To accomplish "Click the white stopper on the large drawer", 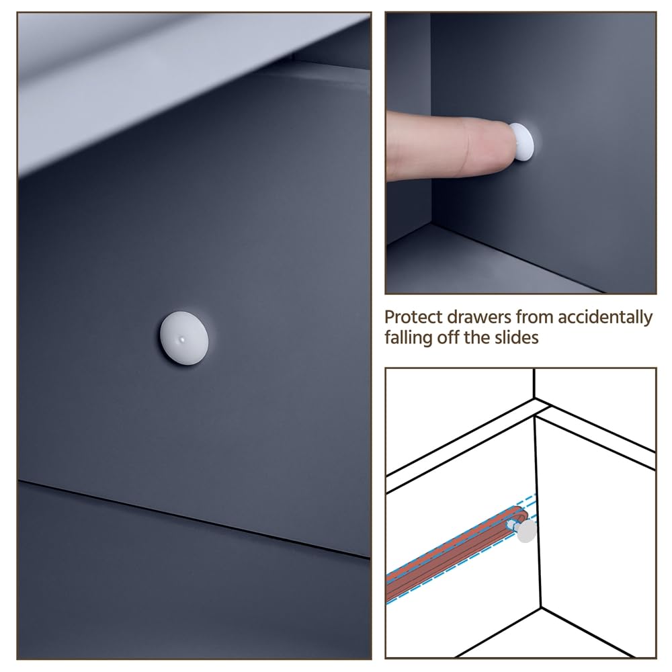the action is click(x=184, y=338).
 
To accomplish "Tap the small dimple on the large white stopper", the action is click(x=183, y=340).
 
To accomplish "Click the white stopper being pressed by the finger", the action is click(x=522, y=142).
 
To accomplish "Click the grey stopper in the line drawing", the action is click(x=526, y=532).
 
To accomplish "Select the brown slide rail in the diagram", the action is click(x=456, y=553).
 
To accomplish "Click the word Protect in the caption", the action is click(x=413, y=318).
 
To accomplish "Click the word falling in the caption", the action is click(x=409, y=338).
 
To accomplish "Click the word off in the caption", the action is click(x=448, y=338).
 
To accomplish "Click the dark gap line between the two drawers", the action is click(x=194, y=519).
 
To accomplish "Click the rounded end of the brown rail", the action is click(x=521, y=513).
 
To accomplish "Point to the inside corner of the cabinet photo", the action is click(x=431, y=223).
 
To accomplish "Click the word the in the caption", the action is click(x=476, y=338).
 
